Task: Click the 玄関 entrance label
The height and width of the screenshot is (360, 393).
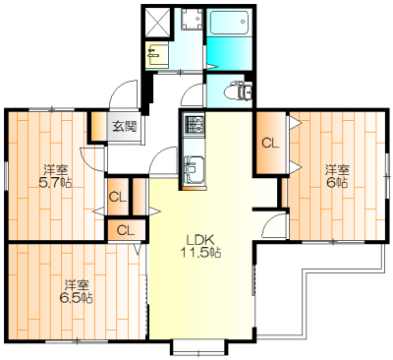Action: click(124, 126)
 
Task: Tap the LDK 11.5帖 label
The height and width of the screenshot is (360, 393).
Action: click(200, 246)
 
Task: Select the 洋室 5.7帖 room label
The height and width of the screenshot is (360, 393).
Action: click(55, 176)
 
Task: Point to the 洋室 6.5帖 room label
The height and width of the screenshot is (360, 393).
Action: click(76, 291)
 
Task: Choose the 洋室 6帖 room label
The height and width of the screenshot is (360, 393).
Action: click(337, 176)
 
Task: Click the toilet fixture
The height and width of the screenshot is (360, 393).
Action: click(238, 90)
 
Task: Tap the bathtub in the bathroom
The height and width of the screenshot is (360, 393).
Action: click(229, 23)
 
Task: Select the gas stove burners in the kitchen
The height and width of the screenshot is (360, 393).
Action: click(194, 125)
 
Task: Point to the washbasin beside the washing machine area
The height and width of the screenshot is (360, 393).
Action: click(157, 55)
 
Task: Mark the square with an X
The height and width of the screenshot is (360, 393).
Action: click(157, 22)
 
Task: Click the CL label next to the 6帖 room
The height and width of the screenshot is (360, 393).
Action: click(270, 143)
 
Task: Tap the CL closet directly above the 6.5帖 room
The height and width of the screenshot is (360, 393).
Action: click(126, 230)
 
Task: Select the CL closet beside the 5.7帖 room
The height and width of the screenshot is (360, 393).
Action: click(118, 197)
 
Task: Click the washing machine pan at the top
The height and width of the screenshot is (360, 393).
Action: click(192, 19)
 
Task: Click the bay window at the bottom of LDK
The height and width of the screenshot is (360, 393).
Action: click(198, 347)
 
